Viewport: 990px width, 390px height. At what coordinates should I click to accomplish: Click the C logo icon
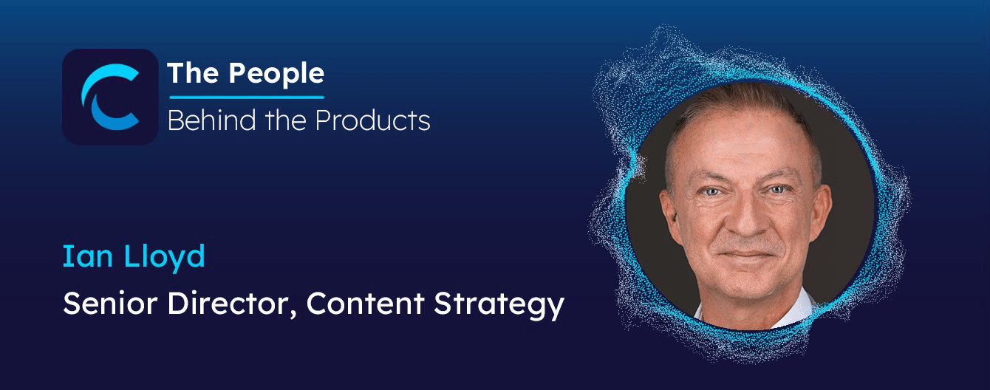coord(109,97)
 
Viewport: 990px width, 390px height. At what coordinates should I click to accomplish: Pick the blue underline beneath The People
coord(246,97)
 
